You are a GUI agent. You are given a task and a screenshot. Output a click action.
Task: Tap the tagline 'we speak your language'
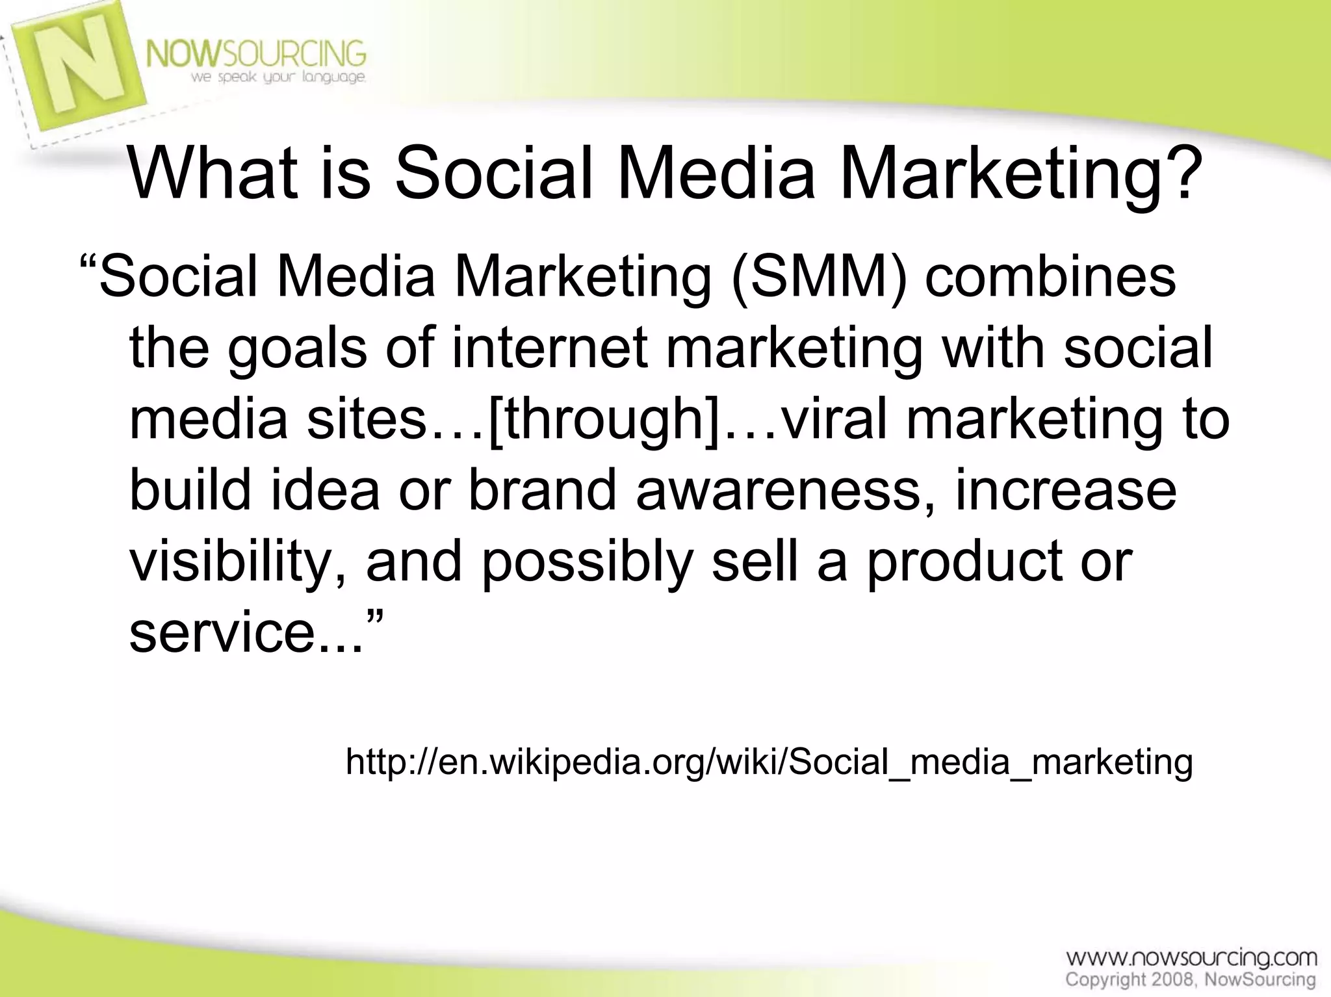point(278,78)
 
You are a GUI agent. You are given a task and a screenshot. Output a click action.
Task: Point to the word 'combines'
point(1050,277)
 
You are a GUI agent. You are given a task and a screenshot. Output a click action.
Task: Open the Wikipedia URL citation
point(769,761)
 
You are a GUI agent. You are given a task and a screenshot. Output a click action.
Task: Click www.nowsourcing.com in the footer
point(1191,958)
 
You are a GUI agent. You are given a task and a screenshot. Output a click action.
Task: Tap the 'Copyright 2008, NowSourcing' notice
point(1190,979)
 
